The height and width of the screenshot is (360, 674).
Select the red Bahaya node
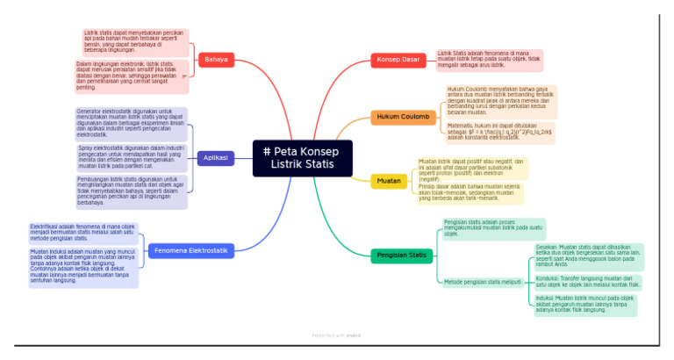pos(215,60)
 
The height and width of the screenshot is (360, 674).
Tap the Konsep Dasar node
pos(398,60)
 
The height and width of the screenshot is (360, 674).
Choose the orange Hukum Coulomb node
pos(403,116)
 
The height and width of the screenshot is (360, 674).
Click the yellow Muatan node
pos(389,181)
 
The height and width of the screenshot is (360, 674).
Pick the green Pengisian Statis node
pos(401,256)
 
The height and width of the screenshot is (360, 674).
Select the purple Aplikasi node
pos(215,158)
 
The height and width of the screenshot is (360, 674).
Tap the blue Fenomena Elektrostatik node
pos(190,251)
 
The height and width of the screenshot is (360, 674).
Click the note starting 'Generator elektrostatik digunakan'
pos(132,123)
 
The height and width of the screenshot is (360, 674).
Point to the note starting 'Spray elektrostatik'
pos(132,157)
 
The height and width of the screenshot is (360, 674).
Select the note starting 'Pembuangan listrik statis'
pos(132,191)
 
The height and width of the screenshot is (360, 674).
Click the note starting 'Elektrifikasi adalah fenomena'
pos(83,233)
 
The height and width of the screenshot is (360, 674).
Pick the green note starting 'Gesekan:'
pos(587,257)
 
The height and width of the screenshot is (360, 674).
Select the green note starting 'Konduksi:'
pos(587,281)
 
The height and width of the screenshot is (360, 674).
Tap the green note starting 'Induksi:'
pos(585,305)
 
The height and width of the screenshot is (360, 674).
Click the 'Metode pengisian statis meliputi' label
pos(482,282)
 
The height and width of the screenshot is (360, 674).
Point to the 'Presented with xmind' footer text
pos(336,335)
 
